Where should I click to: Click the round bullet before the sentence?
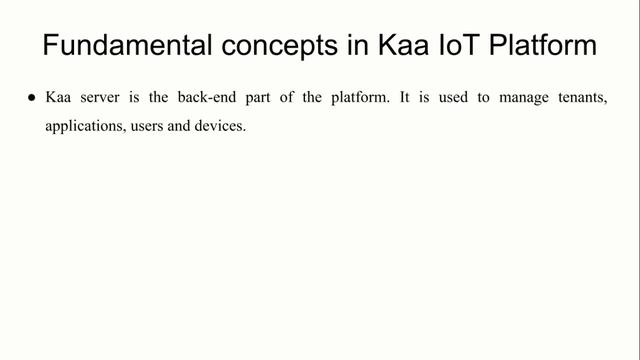point(32,100)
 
